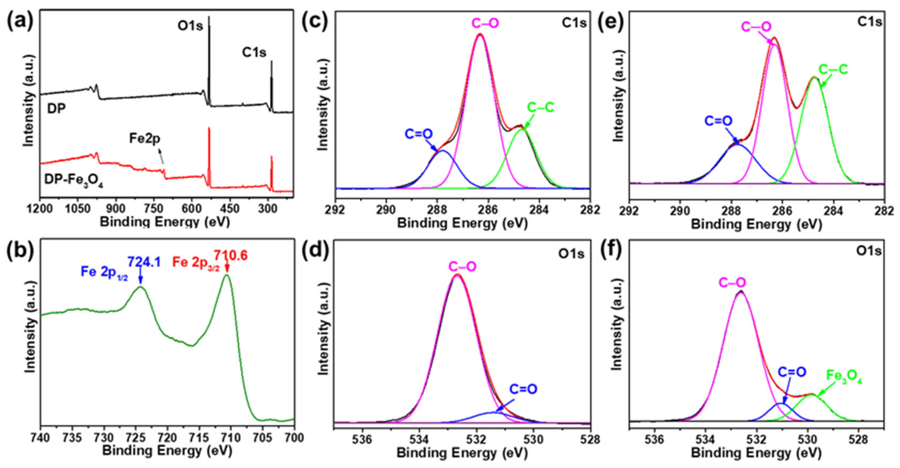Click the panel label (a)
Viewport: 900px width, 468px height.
(x=20, y=22)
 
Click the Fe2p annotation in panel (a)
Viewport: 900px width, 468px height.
(x=145, y=139)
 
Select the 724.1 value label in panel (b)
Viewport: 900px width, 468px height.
(x=144, y=262)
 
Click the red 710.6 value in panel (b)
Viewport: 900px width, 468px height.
(x=231, y=256)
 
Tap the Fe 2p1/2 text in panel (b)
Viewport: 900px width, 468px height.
(x=104, y=272)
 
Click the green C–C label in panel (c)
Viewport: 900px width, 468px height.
(x=540, y=108)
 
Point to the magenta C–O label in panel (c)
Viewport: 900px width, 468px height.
(x=485, y=24)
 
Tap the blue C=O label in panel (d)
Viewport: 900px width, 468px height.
(x=523, y=389)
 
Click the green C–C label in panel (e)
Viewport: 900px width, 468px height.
(x=833, y=70)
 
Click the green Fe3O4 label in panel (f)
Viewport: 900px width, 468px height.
(x=844, y=377)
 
